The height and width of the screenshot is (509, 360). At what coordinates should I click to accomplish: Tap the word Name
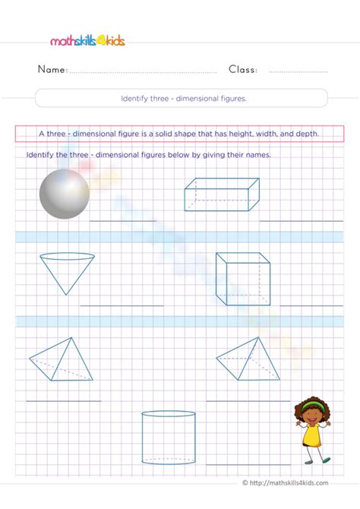pyautogui.click(x=52, y=69)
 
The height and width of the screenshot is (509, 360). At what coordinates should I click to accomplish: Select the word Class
pyautogui.click(x=242, y=69)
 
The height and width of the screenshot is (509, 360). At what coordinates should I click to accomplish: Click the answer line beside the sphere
pyautogui.click(x=123, y=220)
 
